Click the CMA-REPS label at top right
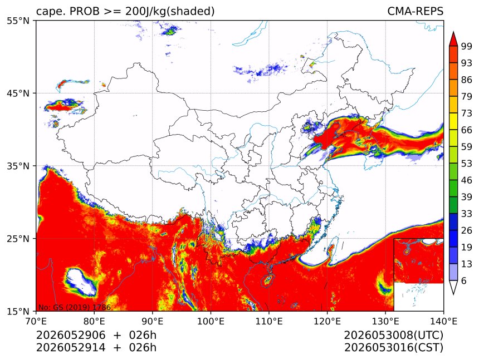(415, 11)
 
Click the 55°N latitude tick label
(18, 21)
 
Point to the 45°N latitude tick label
(18, 93)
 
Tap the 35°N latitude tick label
(18, 166)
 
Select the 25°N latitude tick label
(18, 238)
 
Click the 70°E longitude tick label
(36, 321)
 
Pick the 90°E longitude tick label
(153, 321)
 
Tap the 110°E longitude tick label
(269, 321)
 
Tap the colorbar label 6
(464, 281)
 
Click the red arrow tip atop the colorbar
(453, 32)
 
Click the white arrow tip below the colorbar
(453, 294)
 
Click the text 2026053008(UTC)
(393, 336)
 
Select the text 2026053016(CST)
(393, 348)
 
